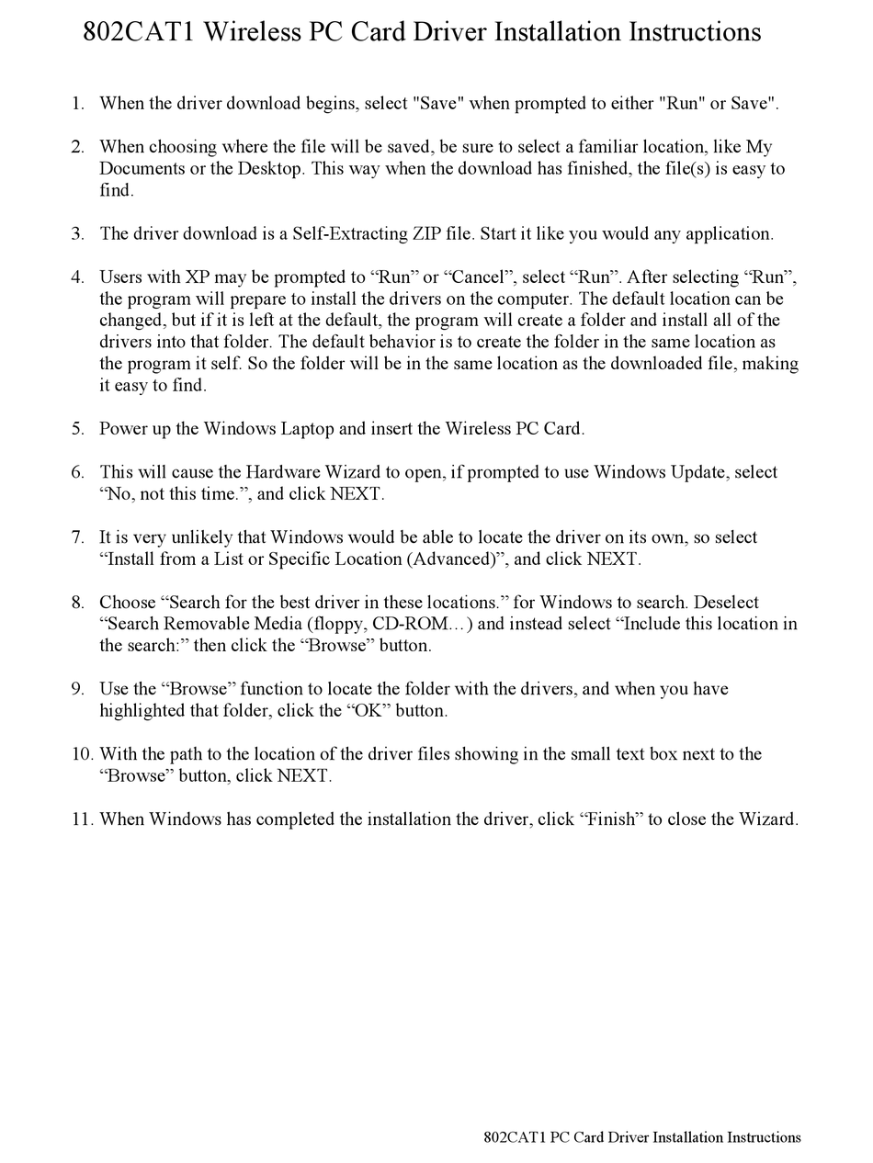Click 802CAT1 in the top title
[x=139, y=33]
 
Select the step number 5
[x=77, y=429]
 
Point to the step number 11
[x=82, y=819]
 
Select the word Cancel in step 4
[x=477, y=277]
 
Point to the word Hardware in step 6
[x=282, y=472]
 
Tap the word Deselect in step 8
[x=726, y=603]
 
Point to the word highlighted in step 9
[x=144, y=711]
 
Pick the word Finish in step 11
[x=611, y=819]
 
